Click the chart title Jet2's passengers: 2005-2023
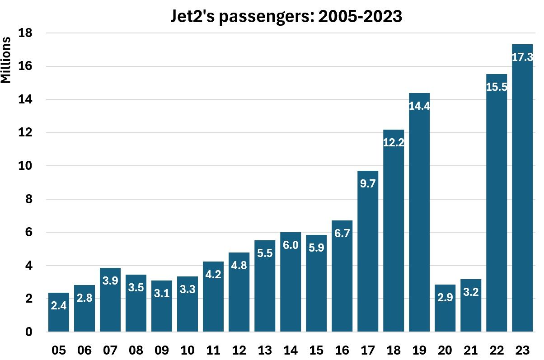click(x=286, y=16)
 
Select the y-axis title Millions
click(x=6, y=60)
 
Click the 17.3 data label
click(x=522, y=57)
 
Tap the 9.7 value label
click(x=368, y=184)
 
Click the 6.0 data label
click(x=291, y=245)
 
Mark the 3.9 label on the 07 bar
click(x=110, y=281)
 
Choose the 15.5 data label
click(x=497, y=87)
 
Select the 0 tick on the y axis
click(x=28, y=332)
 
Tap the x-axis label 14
click(x=291, y=350)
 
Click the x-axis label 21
click(x=471, y=350)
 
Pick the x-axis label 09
click(x=162, y=350)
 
